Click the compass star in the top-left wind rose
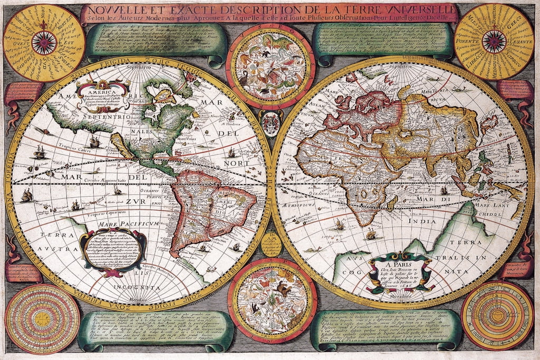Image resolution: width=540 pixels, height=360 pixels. pos(44,43)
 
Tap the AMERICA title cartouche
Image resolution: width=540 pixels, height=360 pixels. pos(103,92)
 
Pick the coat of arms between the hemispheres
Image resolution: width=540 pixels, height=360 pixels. pos(271,122)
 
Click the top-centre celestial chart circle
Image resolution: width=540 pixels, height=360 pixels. pos(271,65)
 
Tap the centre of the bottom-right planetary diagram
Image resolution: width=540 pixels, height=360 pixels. pos(497,315)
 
